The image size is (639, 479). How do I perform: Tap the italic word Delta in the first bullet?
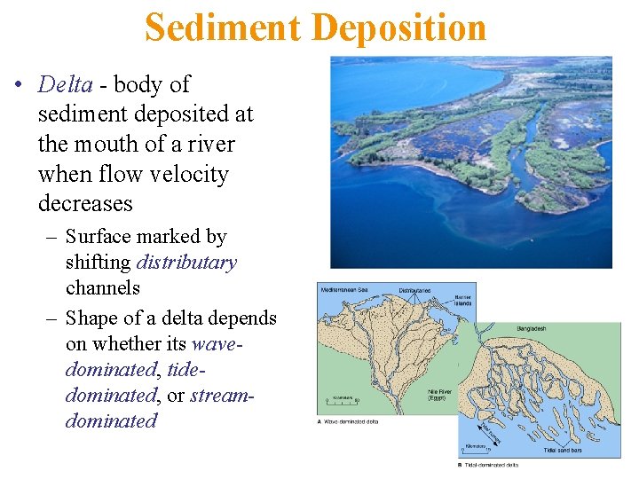[x=66, y=84]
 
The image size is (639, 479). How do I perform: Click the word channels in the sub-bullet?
[x=102, y=287]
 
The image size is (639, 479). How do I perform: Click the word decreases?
[x=84, y=203]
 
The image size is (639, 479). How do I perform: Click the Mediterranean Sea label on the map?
[x=348, y=289]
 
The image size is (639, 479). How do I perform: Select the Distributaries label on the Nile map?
[x=415, y=289]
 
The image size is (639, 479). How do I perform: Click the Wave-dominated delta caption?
[x=350, y=421]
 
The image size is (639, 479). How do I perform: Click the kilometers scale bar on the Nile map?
[x=342, y=400]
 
